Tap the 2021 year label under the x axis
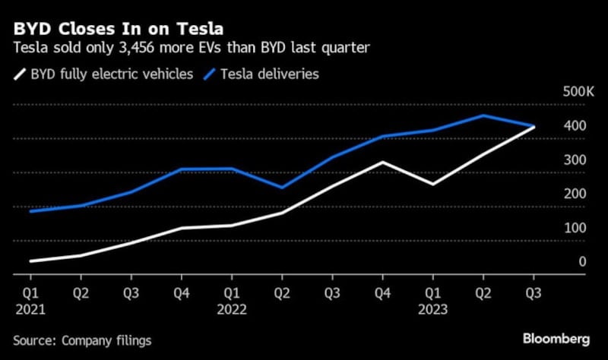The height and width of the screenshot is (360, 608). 31,309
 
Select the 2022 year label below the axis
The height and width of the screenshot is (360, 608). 232,309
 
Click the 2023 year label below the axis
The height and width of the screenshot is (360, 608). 433,309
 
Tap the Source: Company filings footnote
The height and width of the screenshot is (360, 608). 81,340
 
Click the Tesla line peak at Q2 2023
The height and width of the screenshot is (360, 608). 483,115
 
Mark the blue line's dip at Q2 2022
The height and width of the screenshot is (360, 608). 282,187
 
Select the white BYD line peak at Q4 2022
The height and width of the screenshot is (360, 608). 383,162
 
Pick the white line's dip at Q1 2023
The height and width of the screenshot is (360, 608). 432,184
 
